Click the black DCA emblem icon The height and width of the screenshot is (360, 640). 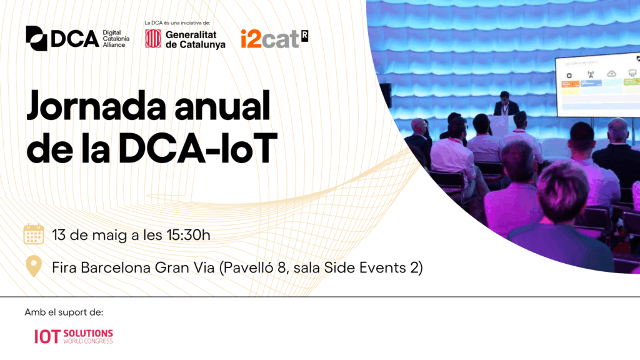(x=36, y=38)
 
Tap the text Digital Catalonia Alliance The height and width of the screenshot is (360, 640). (x=116, y=39)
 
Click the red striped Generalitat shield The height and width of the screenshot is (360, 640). (x=153, y=39)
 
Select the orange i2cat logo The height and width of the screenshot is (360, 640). (x=274, y=39)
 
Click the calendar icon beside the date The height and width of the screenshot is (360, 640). (x=34, y=234)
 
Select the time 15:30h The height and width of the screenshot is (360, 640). (x=188, y=235)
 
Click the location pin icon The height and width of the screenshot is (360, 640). (x=34, y=266)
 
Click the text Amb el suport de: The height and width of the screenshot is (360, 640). (x=64, y=312)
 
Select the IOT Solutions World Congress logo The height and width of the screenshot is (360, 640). (x=74, y=337)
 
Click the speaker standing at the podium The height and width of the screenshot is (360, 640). (x=505, y=104)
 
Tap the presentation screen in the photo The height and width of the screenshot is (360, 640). (x=597, y=85)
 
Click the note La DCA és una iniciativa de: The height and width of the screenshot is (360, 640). (x=177, y=23)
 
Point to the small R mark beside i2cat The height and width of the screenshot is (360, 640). (x=304, y=36)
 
